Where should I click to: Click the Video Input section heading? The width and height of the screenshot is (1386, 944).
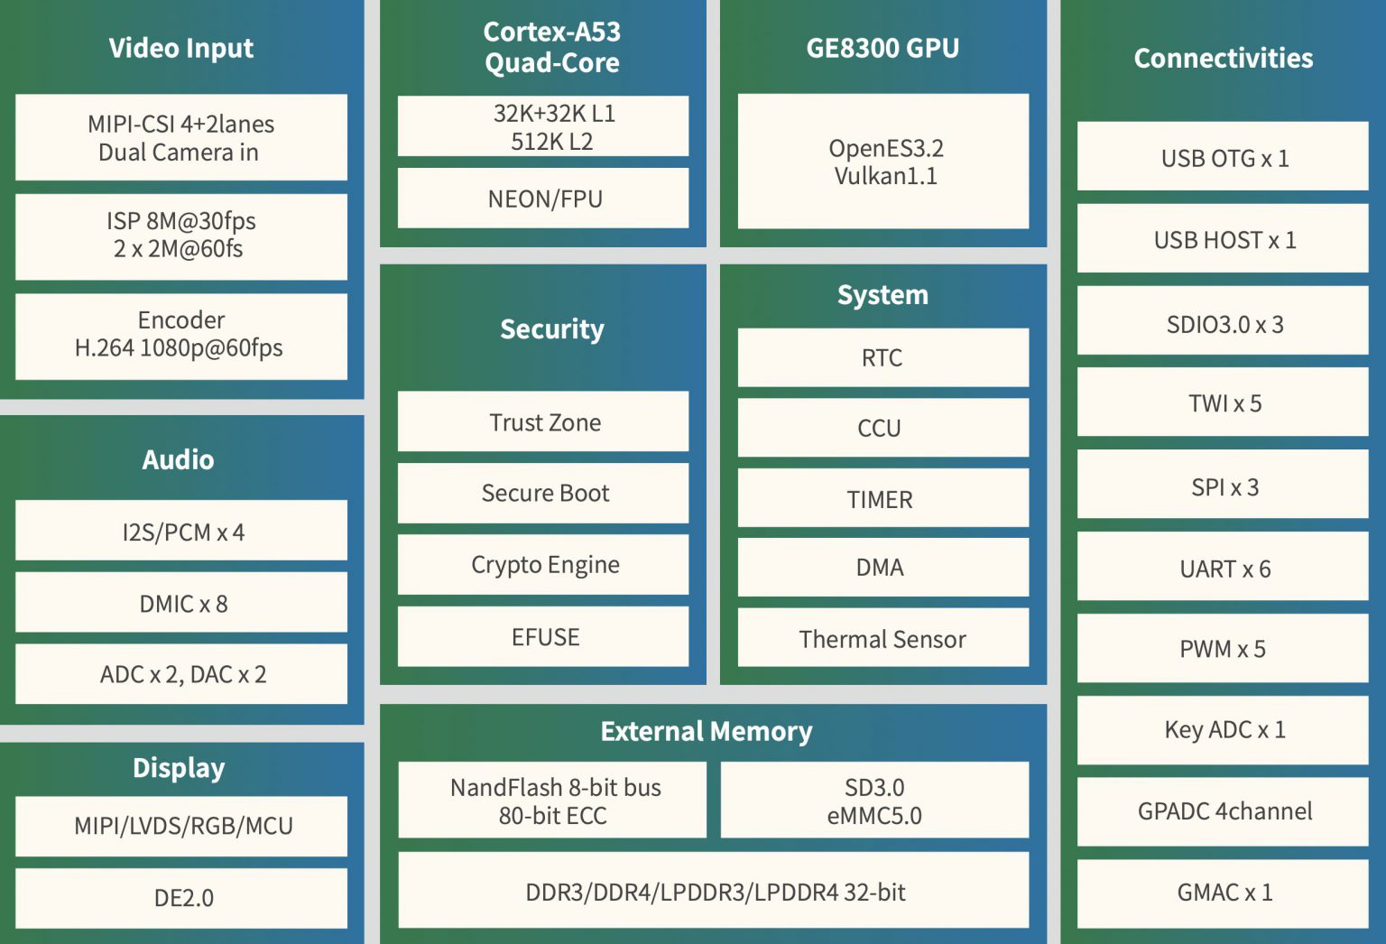pyautogui.click(x=181, y=48)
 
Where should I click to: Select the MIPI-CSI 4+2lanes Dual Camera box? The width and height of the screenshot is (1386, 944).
pyautogui.click(x=181, y=137)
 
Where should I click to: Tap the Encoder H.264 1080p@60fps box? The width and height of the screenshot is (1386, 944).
pyautogui.click(x=181, y=335)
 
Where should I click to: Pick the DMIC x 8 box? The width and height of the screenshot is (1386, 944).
pyautogui.click(x=181, y=603)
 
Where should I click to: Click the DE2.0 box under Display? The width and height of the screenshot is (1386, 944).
pyautogui.click(x=181, y=898)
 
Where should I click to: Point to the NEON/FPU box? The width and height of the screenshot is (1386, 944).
pyautogui.click(x=543, y=199)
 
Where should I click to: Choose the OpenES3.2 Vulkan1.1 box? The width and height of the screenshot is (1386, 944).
pyautogui.click(x=883, y=162)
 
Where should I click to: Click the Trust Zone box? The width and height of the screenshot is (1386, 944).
pyautogui.click(x=543, y=421)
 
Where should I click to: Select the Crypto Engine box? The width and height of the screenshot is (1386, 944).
pyautogui.click(x=543, y=565)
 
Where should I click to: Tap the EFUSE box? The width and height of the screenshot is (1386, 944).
pyautogui.click(x=543, y=637)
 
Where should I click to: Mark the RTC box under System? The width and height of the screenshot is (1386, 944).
pyautogui.click(x=883, y=357)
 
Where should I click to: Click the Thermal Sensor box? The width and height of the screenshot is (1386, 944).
pyautogui.click(x=883, y=638)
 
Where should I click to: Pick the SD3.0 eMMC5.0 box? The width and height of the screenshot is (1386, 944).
pyautogui.click(x=874, y=801)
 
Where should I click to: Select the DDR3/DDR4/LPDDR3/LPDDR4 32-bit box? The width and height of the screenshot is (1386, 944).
pyautogui.click(x=714, y=892)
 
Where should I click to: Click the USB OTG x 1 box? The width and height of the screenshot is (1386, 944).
pyautogui.click(x=1223, y=157)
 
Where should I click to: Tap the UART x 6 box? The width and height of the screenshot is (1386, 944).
pyautogui.click(x=1223, y=568)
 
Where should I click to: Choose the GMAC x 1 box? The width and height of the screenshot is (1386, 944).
pyautogui.click(x=1223, y=892)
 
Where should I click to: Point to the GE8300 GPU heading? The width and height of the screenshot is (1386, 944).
pyautogui.click(x=882, y=48)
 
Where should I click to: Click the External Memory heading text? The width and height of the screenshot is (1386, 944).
pyautogui.click(x=707, y=731)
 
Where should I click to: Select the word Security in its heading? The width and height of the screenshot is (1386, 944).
pyautogui.click(x=552, y=329)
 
